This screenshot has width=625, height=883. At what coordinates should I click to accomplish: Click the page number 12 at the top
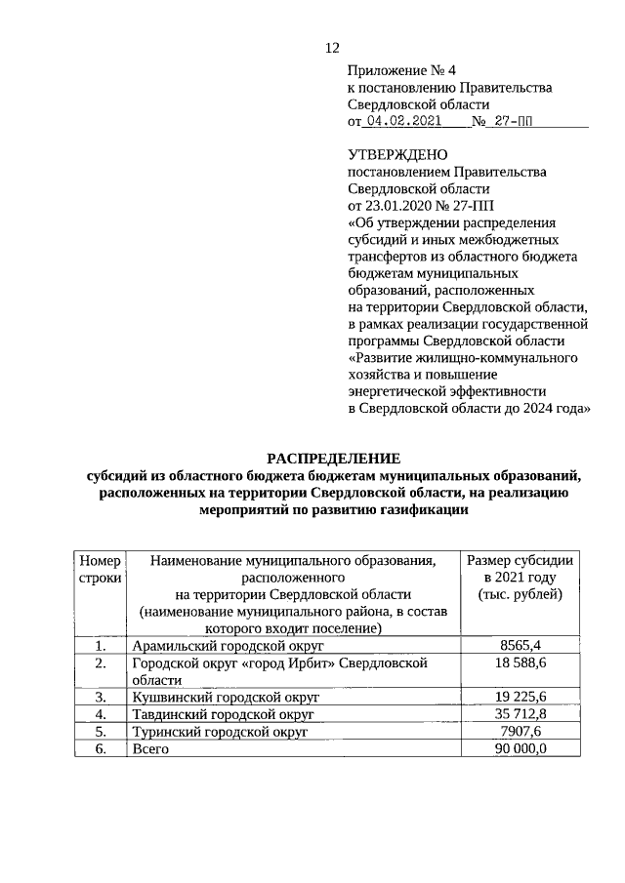(x=332, y=48)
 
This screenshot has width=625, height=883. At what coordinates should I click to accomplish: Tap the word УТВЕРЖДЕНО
(x=397, y=155)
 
